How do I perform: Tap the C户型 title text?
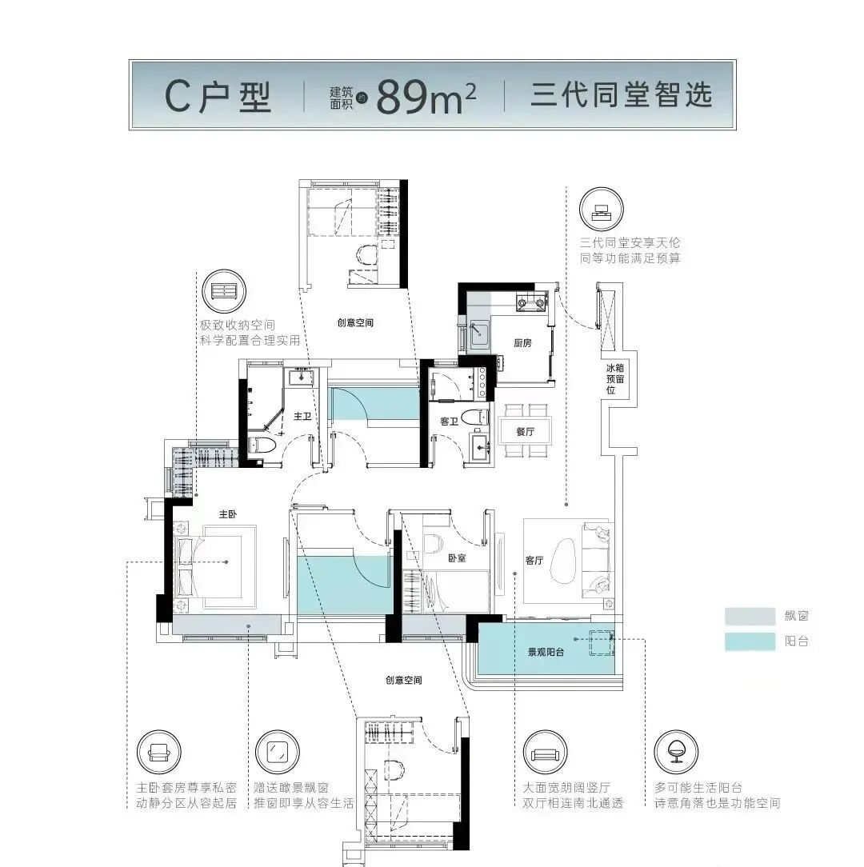(218, 97)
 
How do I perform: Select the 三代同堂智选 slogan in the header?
(621, 96)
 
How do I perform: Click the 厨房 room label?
(522, 343)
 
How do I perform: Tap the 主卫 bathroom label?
(302, 417)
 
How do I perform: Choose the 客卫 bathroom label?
(450, 421)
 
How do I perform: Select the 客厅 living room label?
(534, 561)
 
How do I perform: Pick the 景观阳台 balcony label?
(546, 653)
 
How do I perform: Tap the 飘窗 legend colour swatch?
(750, 617)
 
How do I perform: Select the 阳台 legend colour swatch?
(750, 641)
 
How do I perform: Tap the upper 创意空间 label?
(355, 323)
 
